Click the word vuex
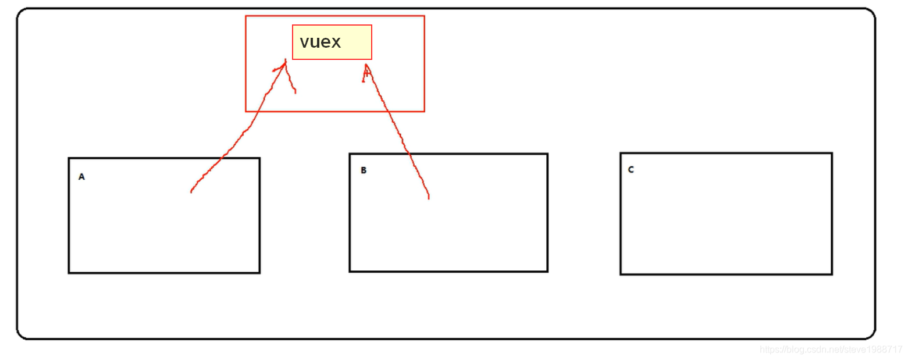[320, 42]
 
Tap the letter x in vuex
[336, 42]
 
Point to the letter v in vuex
[304, 42]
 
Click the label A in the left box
[81, 177]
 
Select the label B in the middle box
[364, 170]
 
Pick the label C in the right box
[631, 170]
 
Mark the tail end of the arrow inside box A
[191, 191]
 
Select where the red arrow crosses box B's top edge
[408, 154]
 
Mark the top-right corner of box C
[832, 154]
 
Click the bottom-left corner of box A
[69, 272]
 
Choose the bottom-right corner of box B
[547, 271]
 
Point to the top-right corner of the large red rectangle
[424, 16]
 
